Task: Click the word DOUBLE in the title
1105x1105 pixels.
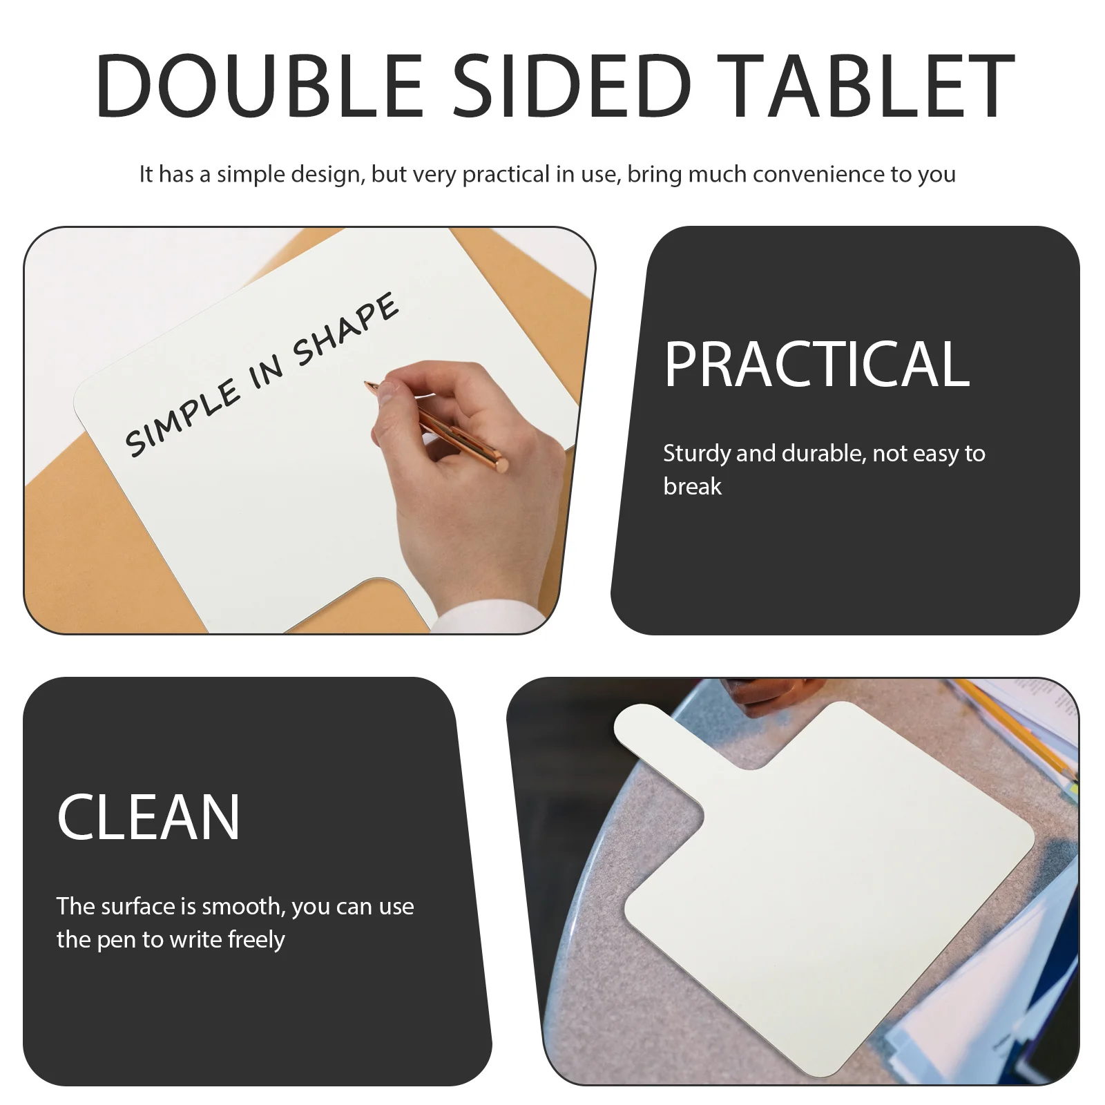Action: click(x=259, y=86)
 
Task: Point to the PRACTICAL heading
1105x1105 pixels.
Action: click(x=816, y=364)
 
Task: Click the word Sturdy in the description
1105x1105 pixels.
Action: click(x=696, y=454)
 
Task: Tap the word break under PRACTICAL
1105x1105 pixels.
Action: click(x=692, y=487)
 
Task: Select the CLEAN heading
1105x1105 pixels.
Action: click(x=148, y=818)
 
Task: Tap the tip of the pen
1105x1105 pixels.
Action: click(x=368, y=383)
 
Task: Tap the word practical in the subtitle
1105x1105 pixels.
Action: click(x=506, y=175)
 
